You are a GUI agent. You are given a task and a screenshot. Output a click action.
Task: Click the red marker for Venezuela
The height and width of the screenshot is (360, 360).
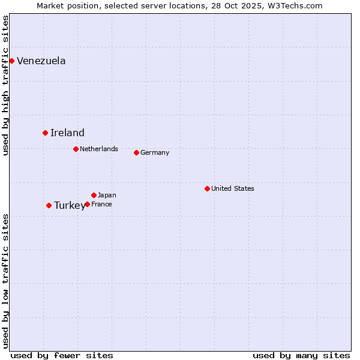[x=11, y=61]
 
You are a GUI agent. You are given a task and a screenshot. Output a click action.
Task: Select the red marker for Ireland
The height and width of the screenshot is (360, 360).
[x=45, y=133]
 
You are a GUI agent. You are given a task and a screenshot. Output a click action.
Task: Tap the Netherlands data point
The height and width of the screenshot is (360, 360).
[x=76, y=149]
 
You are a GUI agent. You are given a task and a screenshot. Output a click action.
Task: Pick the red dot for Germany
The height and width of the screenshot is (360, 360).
[x=136, y=152]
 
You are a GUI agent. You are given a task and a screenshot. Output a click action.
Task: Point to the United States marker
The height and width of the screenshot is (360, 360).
[x=207, y=188]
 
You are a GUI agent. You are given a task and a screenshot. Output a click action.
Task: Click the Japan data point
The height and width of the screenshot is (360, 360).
[x=94, y=195]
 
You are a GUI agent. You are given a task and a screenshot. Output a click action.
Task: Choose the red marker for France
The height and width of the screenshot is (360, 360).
[x=87, y=204]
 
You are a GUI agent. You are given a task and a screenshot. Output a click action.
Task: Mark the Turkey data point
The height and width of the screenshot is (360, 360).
[x=49, y=205]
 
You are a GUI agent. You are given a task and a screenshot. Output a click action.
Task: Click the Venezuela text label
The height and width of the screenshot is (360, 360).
[x=41, y=61]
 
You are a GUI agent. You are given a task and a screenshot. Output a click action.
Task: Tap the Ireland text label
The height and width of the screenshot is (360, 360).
[x=67, y=133]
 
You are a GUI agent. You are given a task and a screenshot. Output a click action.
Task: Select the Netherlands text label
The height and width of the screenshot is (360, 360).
[x=99, y=149]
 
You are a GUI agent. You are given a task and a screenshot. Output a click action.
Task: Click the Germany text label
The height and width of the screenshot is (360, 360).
[x=155, y=152]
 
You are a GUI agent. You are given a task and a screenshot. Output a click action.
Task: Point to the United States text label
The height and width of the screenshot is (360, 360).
[x=233, y=188]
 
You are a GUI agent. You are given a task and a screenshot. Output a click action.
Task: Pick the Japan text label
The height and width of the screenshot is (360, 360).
[x=107, y=195]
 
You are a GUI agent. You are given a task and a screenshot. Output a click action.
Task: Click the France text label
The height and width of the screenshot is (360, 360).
[x=101, y=204]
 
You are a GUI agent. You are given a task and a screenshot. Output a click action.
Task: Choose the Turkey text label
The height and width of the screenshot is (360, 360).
[x=70, y=205]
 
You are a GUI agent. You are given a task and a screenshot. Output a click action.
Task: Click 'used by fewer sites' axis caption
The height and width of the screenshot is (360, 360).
[x=62, y=355]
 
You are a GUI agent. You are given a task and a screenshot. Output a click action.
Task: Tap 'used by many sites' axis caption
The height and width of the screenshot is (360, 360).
[x=301, y=355]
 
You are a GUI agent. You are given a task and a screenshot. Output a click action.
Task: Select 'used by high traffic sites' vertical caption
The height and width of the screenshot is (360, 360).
[x=6, y=85]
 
